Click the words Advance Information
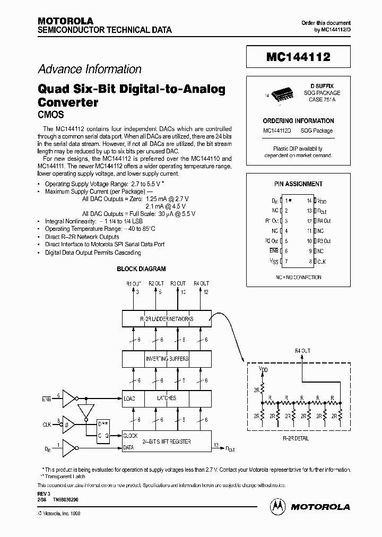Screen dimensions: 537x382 pos(90,69)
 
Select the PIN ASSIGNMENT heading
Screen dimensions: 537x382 pos(298,184)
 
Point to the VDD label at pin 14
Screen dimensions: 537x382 pos(322,201)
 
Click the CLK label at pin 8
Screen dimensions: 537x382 pos(322,261)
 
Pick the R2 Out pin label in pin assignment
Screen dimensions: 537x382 pos(272,241)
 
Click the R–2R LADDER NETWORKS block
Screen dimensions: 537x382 pos(167,319)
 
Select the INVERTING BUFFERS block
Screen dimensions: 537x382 pos(167,359)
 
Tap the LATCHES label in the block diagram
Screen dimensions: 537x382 pos(166,398)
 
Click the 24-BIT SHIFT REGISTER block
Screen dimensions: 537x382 pos(167,441)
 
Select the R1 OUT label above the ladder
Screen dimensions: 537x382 pos(133,284)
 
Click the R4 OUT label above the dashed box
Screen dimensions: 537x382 pos(302,351)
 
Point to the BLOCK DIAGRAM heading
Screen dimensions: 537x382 pos(141,269)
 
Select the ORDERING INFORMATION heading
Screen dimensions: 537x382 pos(298,120)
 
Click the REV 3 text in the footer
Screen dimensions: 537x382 pos(44,493)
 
